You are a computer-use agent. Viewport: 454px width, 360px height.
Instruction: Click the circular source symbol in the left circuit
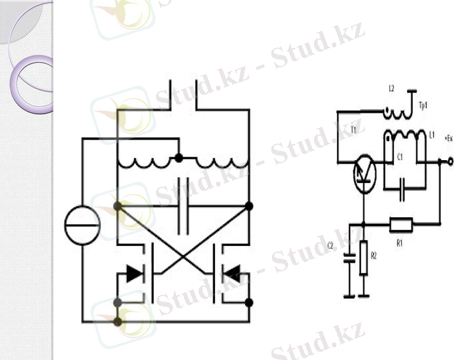[82, 226]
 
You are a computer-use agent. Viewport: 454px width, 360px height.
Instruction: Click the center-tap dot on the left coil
[178, 158]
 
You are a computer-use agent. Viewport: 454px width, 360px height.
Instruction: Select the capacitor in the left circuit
[184, 214]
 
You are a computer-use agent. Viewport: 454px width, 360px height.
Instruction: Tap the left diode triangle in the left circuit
[134, 274]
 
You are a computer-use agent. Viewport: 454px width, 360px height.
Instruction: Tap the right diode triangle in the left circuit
[231, 274]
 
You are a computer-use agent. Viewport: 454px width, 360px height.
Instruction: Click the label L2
[391, 89]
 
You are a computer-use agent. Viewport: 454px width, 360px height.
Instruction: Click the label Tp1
[423, 106]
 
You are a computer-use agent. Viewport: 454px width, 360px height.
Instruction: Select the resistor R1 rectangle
[401, 224]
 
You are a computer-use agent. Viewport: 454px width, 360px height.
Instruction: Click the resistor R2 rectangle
[363, 258]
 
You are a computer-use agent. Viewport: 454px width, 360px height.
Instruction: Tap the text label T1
[354, 129]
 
